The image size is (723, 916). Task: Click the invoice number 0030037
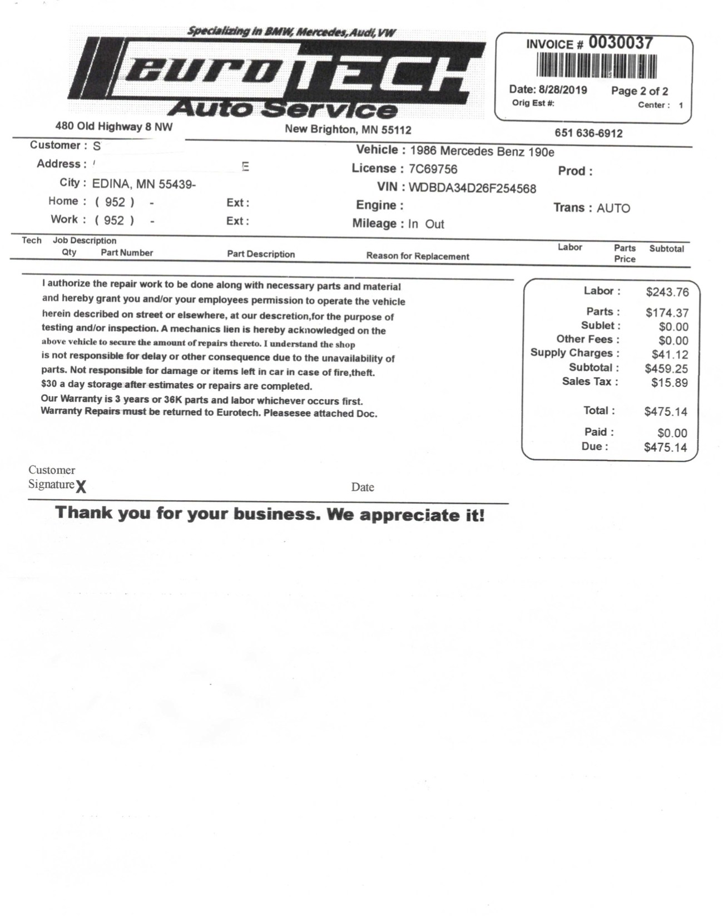coord(621,43)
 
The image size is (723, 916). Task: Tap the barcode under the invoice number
coord(596,67)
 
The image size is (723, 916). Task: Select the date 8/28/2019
coord(563,90)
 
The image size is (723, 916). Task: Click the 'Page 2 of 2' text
coord(640,91)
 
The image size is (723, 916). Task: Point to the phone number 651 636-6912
coord(588,134)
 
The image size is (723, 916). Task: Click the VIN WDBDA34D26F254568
coord(472,188)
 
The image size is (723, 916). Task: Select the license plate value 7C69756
coord(433,169)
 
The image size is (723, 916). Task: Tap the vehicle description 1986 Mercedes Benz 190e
coord(482,152)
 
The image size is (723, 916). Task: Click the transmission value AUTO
coord(613,209)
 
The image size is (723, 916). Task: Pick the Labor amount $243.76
coord(667,292)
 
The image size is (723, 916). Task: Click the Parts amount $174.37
coord(667,313)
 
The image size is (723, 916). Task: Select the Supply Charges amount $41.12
coord(670,355)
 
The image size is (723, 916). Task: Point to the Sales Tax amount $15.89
coord(670,383)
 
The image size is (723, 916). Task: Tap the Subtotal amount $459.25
coord(666,369)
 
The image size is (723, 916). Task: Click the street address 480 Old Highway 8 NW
coord(114,127)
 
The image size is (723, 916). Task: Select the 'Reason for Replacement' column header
coord(418,257)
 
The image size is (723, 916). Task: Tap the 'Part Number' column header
coord(127,253)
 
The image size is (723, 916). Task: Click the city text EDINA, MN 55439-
coord(144,184)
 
